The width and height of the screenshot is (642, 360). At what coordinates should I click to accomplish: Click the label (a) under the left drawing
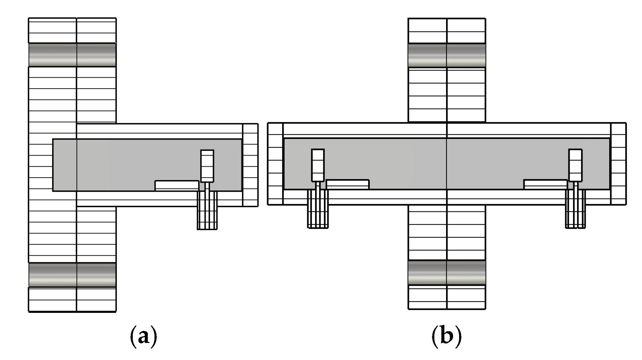pos(143,337)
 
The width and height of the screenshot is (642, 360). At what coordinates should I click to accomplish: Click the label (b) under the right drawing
pos(447,337)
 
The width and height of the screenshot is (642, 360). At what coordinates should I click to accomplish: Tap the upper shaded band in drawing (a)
pos(72,55)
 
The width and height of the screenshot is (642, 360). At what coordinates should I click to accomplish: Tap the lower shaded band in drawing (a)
pos(72,275)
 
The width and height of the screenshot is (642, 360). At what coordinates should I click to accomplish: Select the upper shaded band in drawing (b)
pos(447,56)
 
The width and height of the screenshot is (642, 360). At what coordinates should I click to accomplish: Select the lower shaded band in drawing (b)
pos(447,273)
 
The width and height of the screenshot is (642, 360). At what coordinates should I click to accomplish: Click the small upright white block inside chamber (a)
pos(207,166)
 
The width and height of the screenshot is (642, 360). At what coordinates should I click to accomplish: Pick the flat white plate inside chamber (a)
pos(177,185)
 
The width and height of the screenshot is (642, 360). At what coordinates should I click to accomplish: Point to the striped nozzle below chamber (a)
pos(207,214)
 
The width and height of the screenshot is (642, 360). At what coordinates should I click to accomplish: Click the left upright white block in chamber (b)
pos(318,165)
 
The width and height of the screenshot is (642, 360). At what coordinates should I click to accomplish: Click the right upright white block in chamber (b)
pos(575,165)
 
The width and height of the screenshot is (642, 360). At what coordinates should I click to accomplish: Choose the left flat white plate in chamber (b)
pos(348,184)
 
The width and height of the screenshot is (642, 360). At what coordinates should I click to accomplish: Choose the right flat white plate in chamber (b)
pos(545,184)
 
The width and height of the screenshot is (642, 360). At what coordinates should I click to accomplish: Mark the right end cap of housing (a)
pos(250,165)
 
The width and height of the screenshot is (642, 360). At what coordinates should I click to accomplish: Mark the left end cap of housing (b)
pos(275,164)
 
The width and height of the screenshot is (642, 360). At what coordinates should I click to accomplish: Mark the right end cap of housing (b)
pos(618,164)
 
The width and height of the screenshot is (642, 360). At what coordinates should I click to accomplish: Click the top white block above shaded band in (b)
pos(447,31)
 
